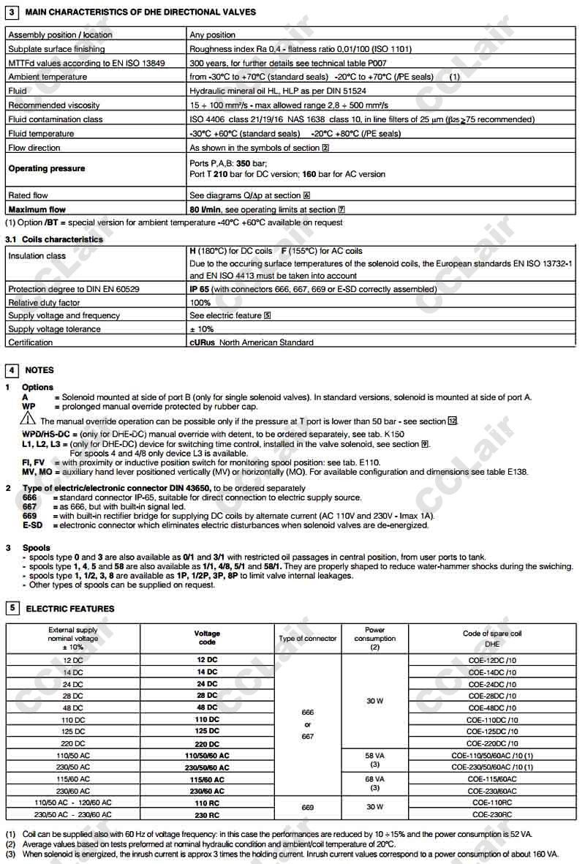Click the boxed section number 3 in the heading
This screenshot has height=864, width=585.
click(12, 12)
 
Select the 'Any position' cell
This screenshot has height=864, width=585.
click(213, 34)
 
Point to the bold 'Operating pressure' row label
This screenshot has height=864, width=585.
click(47, 168)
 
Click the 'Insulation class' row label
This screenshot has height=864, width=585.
click(37, 256)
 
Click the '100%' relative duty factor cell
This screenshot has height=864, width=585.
click(200, 302)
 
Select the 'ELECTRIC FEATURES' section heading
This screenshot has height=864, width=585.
click(70, 609)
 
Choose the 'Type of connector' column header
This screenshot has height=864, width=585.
click(308, 639)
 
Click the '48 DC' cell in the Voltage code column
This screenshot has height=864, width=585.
click(207, 707)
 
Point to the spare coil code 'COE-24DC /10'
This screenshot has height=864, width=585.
click(492, 684)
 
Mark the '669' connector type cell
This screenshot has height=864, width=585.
click(308, 808)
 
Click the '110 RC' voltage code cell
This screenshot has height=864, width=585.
click(207, 803)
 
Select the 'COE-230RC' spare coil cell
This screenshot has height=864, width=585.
click(492, 814)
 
